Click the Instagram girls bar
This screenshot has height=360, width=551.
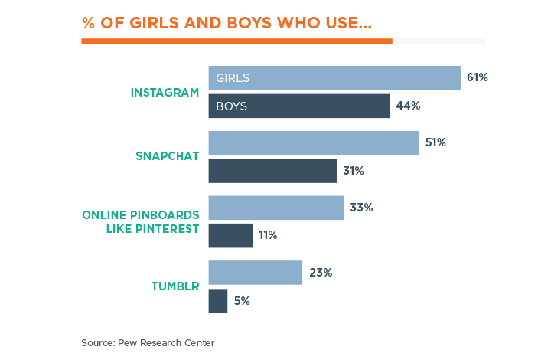coord(334,78)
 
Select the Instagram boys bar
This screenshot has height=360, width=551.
coord(299,106)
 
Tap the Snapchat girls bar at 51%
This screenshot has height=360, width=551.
coord(314,143)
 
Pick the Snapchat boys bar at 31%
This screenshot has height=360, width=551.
coord(272,171)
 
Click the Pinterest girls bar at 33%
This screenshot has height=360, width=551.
coord(275,208)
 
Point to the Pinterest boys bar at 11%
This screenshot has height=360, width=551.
coord(230,235)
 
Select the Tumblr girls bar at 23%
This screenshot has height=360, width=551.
coord(255,273)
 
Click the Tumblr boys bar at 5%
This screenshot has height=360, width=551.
coord(218,301)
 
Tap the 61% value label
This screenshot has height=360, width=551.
coord(478,78)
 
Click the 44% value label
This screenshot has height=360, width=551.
coord(408,106)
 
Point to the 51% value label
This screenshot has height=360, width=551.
coord(436,143)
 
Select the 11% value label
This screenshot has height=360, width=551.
coord(268,235)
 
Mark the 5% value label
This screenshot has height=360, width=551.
coord(242,301)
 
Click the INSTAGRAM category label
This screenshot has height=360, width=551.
coord(165,92)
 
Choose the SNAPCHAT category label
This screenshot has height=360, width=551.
coord(167,156)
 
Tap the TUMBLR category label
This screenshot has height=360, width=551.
coord(174,286)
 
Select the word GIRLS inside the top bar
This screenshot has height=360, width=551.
coord(233,78)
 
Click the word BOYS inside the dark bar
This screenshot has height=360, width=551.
coord(231,106)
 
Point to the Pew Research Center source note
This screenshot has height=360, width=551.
coord(148,343)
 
